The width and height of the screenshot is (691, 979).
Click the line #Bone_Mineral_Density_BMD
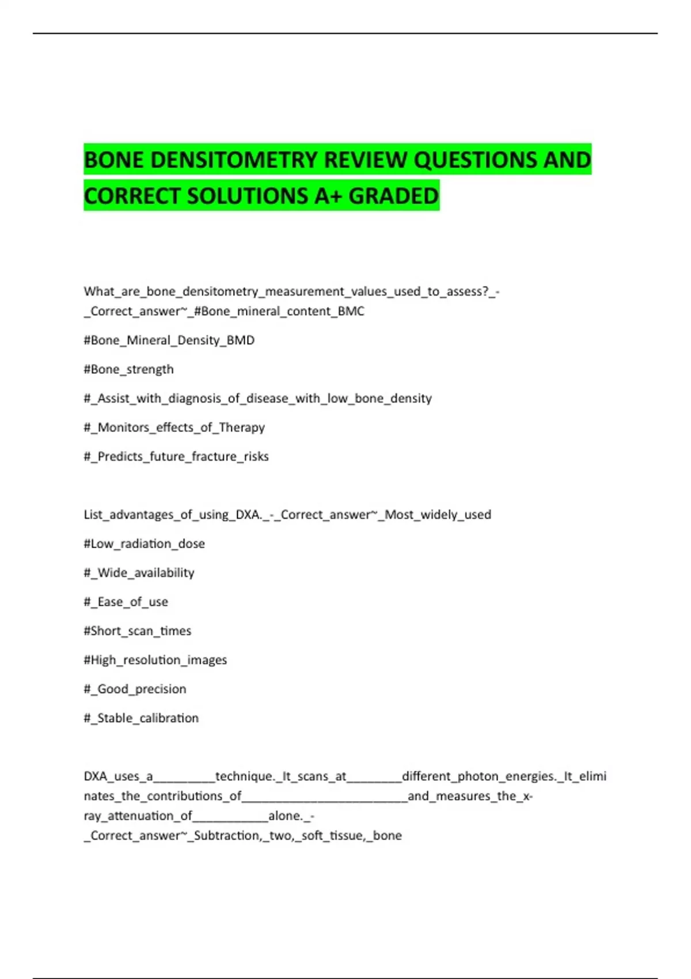click(x=169, y=340)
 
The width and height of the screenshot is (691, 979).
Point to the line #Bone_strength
click(x=128, y=369)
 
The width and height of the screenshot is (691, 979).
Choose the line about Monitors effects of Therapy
click(x=174, y=427)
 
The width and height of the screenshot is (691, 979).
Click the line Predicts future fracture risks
click(x=176, y=457)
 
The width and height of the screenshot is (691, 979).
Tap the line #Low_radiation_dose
click(x=144, y=544)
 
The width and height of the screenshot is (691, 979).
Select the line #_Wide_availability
click(x=139, y=573)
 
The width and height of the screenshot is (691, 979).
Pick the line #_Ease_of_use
click(x=126, y=602)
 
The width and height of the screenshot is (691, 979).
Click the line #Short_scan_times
click(x=137, y=631)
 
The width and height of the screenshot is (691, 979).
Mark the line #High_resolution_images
click(x=155, y=660)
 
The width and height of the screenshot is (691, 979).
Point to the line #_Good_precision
click(x=135, y=689)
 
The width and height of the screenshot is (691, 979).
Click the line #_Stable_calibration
click(x=141, y=718)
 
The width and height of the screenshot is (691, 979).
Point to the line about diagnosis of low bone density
click(x=257, y=399)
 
